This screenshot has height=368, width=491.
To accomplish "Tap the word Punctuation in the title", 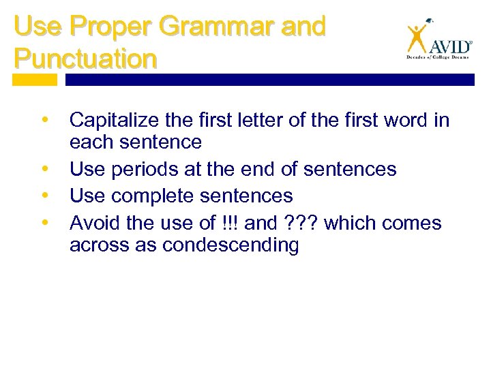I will [85, 58].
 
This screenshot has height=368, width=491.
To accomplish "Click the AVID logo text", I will [449, 46].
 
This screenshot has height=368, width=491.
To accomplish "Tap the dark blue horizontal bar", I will [269, 80].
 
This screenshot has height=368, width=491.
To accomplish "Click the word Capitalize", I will [115, 121].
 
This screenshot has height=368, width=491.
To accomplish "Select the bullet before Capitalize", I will [45, 120].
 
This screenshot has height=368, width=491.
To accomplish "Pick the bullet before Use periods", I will [45, 168].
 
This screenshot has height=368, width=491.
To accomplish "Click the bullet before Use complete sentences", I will [45, 195].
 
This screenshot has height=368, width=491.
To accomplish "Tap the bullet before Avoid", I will [45, 222].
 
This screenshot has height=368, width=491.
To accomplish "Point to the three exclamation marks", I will [226, 223].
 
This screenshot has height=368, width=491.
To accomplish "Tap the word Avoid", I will [93, 223].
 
